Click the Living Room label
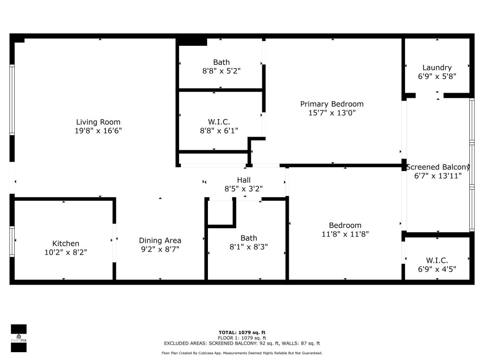pos(98,122)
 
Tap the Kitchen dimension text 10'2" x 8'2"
pos(66,253)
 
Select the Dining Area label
pos(160,240)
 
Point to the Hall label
pos(243,180)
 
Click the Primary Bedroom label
pos(332,104)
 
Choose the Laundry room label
pos(437,68)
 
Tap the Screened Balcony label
pos(438,167)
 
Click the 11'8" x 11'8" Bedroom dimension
pos(345,234)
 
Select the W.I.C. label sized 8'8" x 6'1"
pos(219,122)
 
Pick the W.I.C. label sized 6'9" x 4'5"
pos(437,260)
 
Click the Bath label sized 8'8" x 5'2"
pos(221,62)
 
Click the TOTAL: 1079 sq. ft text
pos(242,332)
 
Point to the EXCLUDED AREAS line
pos(242,344)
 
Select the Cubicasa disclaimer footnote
pos(242,353)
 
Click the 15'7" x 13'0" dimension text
pos(332,113)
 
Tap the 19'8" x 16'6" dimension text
pos(98,131)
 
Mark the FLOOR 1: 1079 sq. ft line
pos(242,338)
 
